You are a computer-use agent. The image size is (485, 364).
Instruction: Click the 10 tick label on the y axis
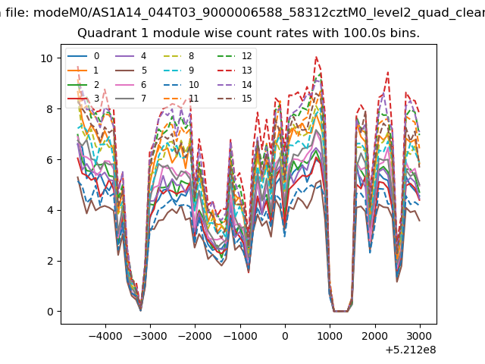tap(47, 58)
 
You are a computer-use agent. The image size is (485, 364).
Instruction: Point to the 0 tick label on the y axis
tap(50, 312)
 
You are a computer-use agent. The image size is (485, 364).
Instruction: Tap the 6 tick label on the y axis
tap(50, 160)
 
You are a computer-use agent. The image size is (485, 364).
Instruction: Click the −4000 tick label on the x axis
tap(106, 336)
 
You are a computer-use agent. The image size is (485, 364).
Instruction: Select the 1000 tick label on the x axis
tap(330, 336)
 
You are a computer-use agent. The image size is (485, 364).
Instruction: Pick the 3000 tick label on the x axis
tap(420, 336)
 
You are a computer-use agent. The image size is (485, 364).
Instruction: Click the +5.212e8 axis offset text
tap(411, 350)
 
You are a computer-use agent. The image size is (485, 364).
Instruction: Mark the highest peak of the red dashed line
tap(316, 57)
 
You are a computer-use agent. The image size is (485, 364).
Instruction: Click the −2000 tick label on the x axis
tap(196, 336)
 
